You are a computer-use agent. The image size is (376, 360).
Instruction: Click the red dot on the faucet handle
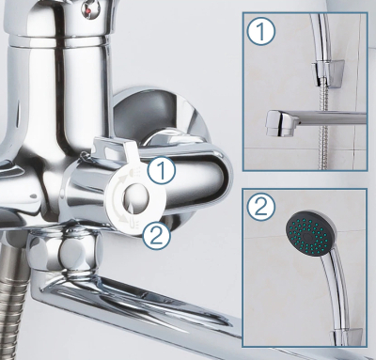coord(89,12)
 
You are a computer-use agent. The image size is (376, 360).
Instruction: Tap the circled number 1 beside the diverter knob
coord(162,169)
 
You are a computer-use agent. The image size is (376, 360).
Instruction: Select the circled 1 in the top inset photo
coord(260,31)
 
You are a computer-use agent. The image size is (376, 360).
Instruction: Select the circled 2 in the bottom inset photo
coord(260,207)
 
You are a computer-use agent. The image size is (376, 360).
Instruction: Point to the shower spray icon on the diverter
coord(134,172)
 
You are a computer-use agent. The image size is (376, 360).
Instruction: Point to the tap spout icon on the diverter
coord(133,222)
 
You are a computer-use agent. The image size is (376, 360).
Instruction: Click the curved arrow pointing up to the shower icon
coord(117,187)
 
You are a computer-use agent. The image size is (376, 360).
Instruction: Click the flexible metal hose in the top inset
coord(321,132)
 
